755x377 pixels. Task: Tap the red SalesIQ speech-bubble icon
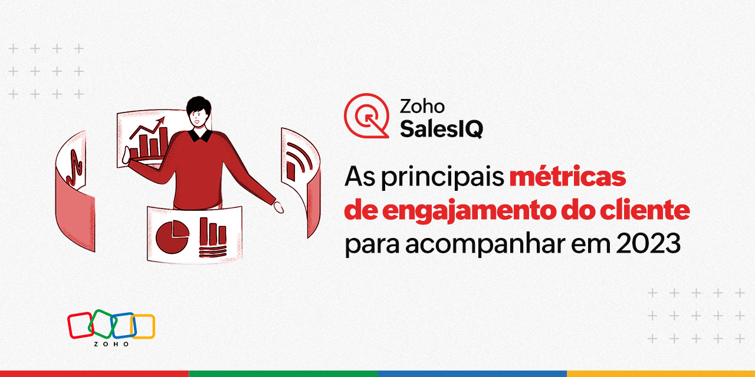366,115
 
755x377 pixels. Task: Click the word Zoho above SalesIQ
422,107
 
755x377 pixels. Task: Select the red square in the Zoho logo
80,325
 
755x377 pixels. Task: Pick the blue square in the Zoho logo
123,325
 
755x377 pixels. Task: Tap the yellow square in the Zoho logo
143,326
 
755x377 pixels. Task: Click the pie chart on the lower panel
172,237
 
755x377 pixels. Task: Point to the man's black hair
198,106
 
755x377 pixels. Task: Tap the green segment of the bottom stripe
283,373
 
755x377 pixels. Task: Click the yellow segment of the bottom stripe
661,373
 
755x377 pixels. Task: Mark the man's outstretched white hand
278,207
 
